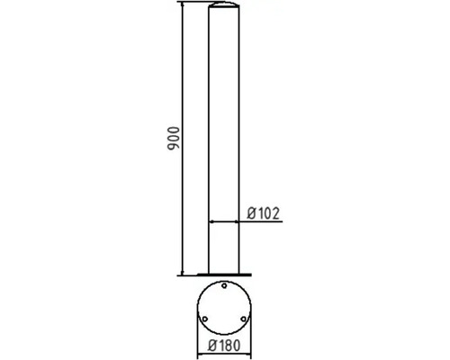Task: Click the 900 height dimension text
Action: pos(175,137)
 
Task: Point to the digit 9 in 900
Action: pos(175,147)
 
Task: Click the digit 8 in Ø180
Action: pos(229,345)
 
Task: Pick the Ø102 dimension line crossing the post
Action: pos(228,220)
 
